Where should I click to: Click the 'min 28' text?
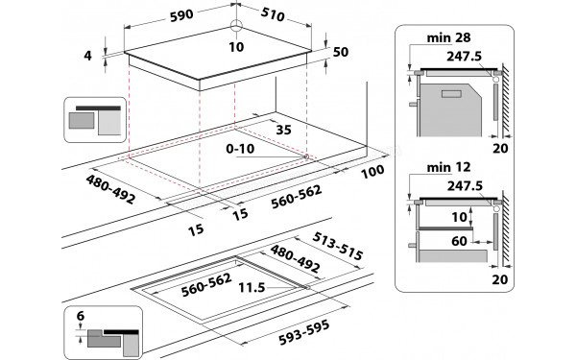[425, 37]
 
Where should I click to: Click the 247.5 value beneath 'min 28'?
[463, 57]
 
